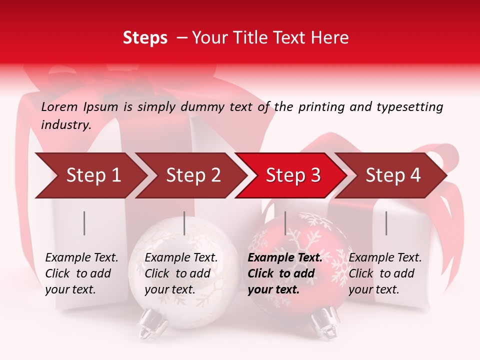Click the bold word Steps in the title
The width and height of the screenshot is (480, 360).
(x=145, y=38)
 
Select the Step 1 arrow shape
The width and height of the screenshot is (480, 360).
(x=90, y=175)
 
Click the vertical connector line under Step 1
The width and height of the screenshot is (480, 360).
(x=84, y=223)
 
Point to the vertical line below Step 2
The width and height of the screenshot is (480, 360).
(x=184, y=223)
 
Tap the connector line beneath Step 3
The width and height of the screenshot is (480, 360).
(x=285, y=223)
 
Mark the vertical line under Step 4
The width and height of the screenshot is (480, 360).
(x=386, y=223)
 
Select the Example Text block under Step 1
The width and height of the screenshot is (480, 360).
(x=81, y=273)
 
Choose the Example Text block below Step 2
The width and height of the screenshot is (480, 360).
(x=181, y=273)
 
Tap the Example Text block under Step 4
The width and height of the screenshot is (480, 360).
(x=385, y=273)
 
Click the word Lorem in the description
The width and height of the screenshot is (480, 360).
(x=59, y=107)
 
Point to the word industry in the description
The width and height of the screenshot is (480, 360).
(x=66, y=125)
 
